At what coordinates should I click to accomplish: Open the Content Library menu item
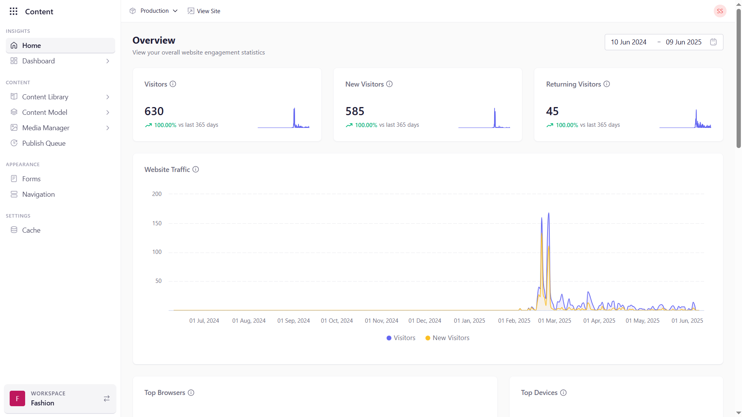[x=45, y=97]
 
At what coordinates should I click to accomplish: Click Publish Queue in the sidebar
[x=44, y=143]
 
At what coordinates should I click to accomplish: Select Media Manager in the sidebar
[x=46, y=128]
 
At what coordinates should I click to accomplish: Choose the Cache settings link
[x=31, y=230]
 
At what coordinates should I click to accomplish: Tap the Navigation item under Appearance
[x=38, y=194]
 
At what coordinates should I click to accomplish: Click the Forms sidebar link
[x=31, y=179]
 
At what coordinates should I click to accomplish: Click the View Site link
[x=204, y=11]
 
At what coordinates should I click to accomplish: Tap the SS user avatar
[x=720, y=11]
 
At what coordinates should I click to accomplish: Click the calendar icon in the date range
[x=713, y=42]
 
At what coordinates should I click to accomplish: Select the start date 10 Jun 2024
[x=628, y=42]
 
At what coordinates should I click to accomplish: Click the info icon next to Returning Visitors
[x=607, y=84]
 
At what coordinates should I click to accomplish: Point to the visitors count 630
[x=154, y=111]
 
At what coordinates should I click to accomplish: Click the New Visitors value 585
[x=355, y=111]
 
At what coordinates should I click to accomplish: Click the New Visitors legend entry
[x=447, y=338]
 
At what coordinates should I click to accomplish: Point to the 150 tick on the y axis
[x=157, y=223]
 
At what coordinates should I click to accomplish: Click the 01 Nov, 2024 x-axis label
[x=381, y=320]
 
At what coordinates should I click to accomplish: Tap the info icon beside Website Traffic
[x=196, y=169]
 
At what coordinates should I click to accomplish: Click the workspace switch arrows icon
[x=107, y=398]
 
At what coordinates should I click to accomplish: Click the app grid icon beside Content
[x=14, y=11]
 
